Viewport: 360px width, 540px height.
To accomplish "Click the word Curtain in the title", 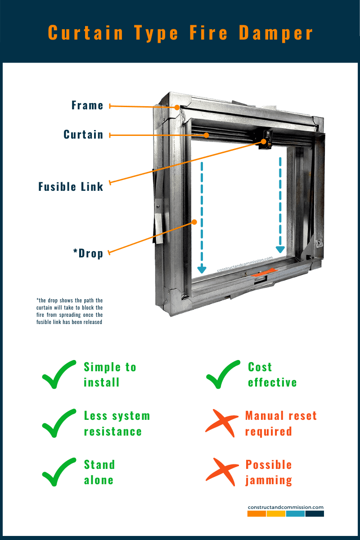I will (85, 34).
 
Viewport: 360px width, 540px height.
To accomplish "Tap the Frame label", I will (87, 106).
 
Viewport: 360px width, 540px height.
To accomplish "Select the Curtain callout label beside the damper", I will (83, 135).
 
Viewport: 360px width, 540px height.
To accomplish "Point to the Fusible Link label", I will (71, 186).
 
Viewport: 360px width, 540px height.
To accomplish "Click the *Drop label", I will (88, 253).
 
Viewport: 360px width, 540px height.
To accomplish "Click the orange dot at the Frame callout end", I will (178, 108).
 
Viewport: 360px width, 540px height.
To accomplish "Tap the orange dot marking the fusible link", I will (263, 142).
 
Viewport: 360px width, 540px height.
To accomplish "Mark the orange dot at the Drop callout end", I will (194, 221).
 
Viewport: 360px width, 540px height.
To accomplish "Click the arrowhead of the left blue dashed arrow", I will (202, 270).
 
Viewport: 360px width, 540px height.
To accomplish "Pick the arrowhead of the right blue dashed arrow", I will (280, 249).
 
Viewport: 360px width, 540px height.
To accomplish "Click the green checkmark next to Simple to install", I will (58, 374).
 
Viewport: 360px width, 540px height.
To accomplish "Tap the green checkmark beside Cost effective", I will (222, 374).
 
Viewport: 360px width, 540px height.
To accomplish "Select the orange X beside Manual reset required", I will (221, 423).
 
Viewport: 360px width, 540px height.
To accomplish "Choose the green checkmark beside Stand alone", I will (58, 472).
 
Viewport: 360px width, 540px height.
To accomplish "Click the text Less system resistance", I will (117, 423).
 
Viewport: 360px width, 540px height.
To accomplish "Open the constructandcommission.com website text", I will (285, 507).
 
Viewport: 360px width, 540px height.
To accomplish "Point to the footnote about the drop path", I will (70, 311).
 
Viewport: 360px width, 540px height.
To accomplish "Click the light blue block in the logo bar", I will (295, 513).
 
